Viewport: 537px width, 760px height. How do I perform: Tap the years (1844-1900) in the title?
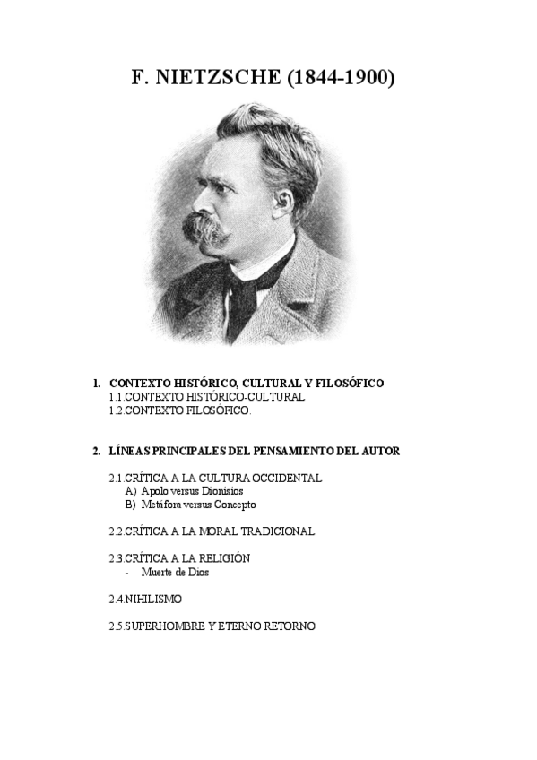tap(342, 78)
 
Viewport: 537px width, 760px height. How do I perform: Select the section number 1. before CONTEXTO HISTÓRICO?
tap(98, 384)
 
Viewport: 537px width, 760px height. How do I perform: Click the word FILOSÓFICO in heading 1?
tap(347, 384)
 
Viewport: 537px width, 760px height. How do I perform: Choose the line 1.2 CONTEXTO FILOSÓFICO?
tap(180, 410)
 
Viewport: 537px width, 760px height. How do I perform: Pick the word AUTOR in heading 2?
tap(380, 451)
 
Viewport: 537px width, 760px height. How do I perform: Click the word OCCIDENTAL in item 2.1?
tap(282, 478)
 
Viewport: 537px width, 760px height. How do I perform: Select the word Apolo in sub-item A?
tap(154, 491)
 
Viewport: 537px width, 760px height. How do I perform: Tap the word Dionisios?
tap(221, 491)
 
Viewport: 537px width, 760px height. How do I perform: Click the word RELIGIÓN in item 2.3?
tap(218, 558)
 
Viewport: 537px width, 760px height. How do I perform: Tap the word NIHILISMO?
tap(155, 599)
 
